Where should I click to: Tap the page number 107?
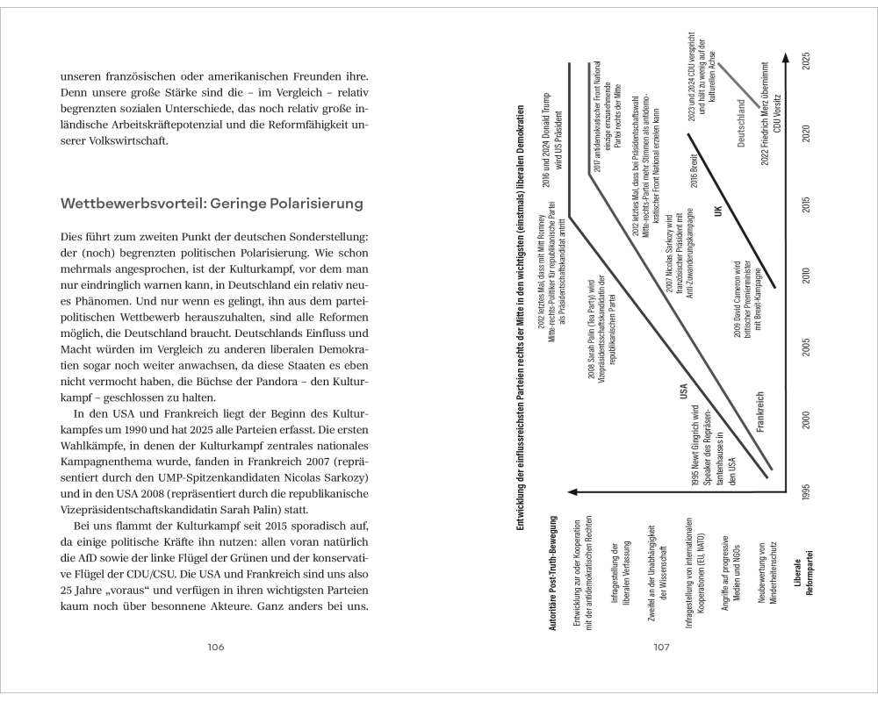coord(662,648)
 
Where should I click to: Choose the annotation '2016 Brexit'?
coord(693,168)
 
